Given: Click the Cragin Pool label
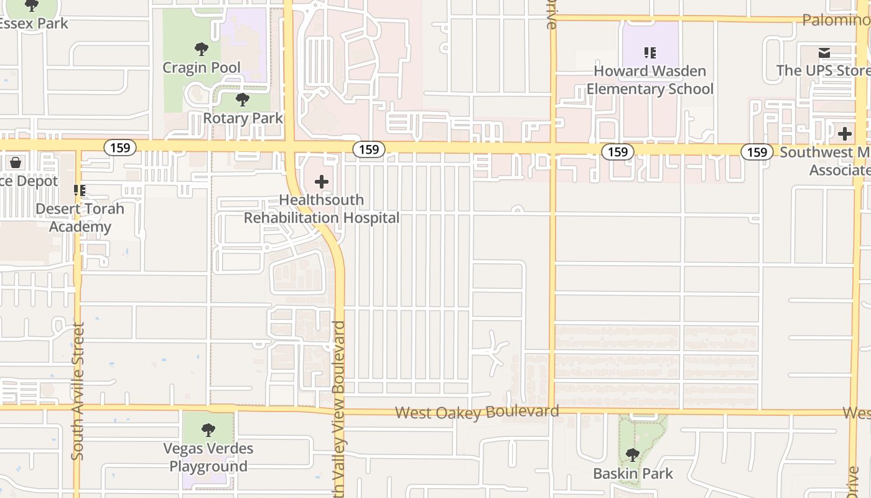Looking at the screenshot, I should click(201, 67).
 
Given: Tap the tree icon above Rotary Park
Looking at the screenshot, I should click(243, 100).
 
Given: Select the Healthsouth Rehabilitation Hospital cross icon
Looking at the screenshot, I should click(322, 182).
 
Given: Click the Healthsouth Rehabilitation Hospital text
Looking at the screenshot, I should click(322, 209).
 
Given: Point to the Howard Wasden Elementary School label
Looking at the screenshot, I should click(650, 80).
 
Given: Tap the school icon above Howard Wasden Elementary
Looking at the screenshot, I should click(650, 53).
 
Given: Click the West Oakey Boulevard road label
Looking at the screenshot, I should click(477, 412).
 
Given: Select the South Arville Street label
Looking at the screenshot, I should click(78, 391).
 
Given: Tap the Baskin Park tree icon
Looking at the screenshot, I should click(633, 455).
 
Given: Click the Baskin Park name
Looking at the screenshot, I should click(633, 474).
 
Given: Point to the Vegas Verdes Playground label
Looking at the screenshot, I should click(208, 457).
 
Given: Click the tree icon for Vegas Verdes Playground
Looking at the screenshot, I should click(208, 430).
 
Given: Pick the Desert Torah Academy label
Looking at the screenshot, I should click(80, 217).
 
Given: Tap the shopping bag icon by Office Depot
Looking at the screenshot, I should click(16, 162).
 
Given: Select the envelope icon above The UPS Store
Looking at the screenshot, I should click(824, 53).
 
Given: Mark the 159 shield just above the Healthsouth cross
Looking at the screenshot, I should click(369, 149).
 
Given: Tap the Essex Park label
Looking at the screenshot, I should click(34, 24).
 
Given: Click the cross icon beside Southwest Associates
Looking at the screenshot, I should click(845, 133).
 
